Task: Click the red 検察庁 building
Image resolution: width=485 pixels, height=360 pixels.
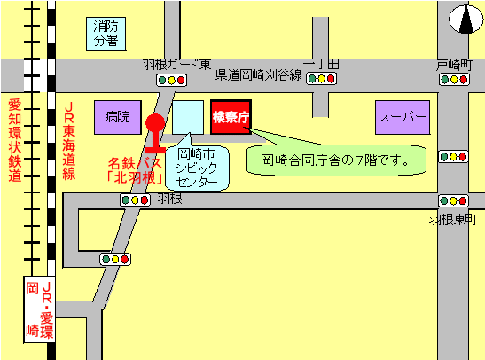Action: pyautogui.click(x=232, y=116)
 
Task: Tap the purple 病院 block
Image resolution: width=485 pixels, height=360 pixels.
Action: pyautogui.click(x=117, y=116)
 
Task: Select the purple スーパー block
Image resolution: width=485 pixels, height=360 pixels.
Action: pyautogui.click(x=402, y=116)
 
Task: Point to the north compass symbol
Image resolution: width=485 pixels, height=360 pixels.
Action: pyautogui.click(x=463, y=19)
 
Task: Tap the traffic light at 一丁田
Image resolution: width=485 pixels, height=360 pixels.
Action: pyautogui.click(x=321, y=79)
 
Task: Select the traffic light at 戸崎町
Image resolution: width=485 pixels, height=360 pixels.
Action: pyautogui.click(x=455, y=80)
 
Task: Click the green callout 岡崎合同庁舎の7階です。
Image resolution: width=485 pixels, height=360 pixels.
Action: pyautogui.click(x=337, y=160)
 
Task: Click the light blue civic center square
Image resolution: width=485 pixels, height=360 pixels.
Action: pyautogui.click(x=187, y=116)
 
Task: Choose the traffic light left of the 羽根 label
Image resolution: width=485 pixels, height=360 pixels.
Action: pyautogui.click(x=136, y=200)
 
